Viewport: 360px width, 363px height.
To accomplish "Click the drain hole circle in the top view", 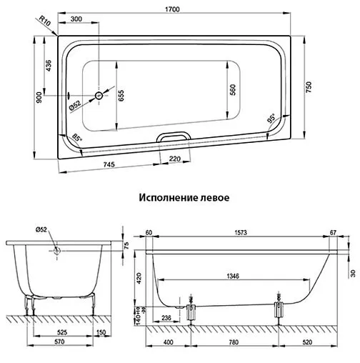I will [x=99, y=95].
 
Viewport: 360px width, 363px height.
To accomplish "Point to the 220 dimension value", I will [x=174, y=159].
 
